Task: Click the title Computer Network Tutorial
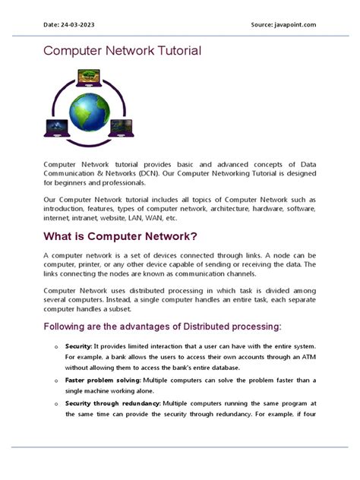coord(122,51)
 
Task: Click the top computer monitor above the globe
coord(90,77)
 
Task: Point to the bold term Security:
coord(78,346)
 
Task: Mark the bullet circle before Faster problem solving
coord(55,380)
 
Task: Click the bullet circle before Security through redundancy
coord(55,403)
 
